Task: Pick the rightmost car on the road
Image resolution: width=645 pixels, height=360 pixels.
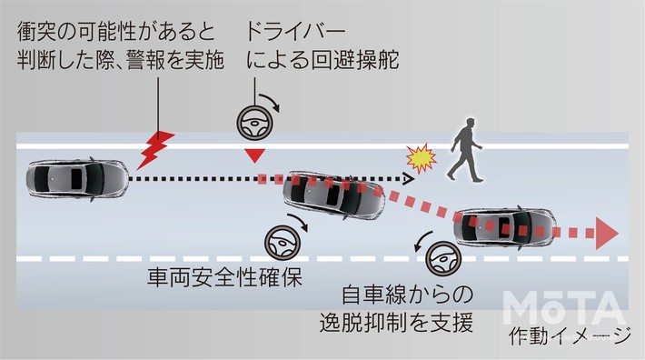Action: point(505,227)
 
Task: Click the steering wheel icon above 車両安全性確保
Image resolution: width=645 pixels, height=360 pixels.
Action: point(280,243)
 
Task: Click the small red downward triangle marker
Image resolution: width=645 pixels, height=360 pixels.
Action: point(251,157)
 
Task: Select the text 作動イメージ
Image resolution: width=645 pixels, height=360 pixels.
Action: point(570,338)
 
